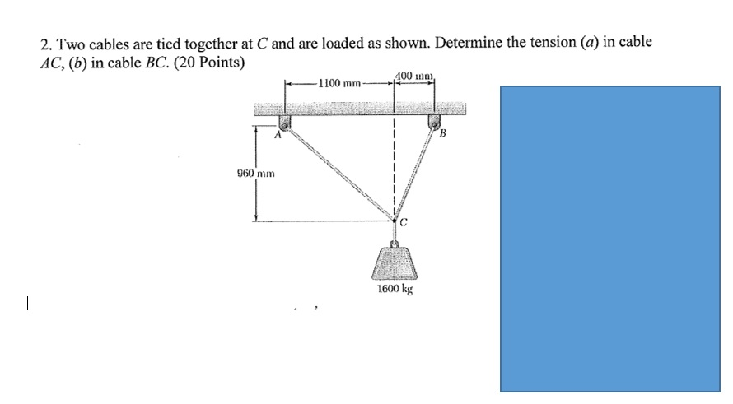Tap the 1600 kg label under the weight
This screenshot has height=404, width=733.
395,290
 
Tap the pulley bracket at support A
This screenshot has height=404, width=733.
285,122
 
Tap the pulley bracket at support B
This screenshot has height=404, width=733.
432,122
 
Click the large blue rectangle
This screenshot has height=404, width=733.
610,239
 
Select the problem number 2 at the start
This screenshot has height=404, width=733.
44,44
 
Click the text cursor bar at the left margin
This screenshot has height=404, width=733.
27,304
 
